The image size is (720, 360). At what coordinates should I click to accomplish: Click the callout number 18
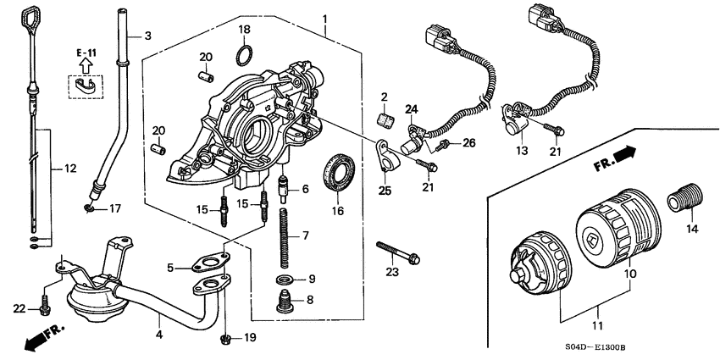tap(244, 30)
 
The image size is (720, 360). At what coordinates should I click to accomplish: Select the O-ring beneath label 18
tap(244, 56)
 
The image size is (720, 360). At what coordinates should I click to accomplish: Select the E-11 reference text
tap(85, 53)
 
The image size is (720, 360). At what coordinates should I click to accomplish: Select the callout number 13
tap(520, 150)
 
